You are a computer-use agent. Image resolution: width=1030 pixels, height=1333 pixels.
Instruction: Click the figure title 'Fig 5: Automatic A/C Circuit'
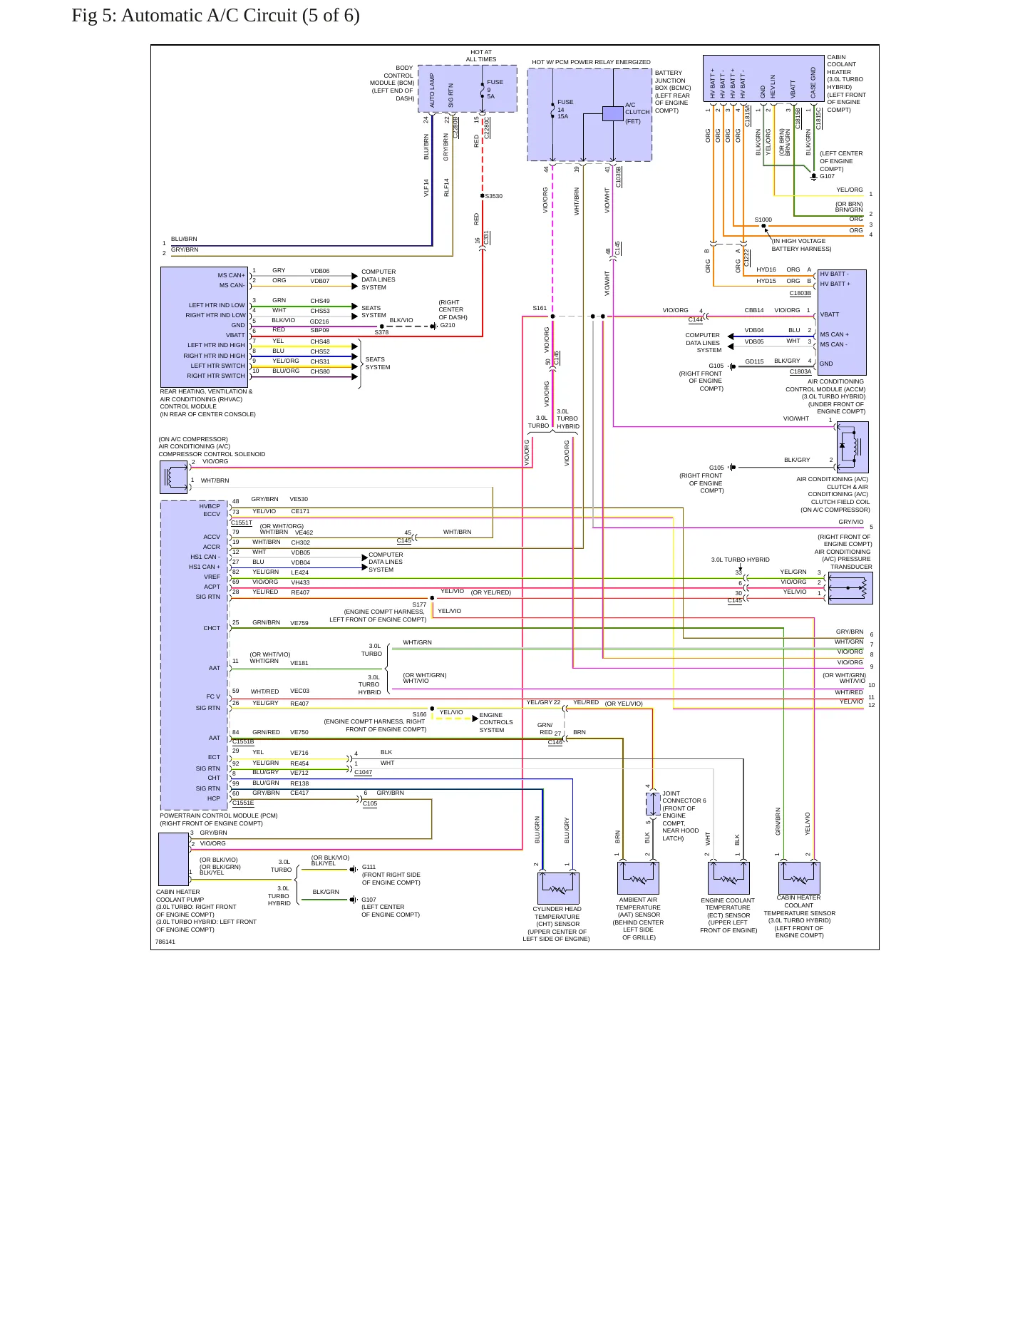point(190,16)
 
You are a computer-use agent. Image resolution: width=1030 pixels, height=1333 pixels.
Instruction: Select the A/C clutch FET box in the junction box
point(613,113)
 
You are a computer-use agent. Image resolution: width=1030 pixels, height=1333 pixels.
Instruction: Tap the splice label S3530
point(494,196)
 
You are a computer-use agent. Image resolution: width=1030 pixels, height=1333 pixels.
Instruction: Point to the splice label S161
point(540,308)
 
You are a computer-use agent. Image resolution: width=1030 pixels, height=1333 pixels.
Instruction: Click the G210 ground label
point(448,325)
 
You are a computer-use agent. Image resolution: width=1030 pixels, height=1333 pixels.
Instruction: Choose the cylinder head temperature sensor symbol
point(558,888)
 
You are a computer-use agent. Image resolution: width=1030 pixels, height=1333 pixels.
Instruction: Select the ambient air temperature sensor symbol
point(638,878)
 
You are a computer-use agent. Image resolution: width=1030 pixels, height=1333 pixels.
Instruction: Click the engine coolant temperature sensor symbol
point(728,878)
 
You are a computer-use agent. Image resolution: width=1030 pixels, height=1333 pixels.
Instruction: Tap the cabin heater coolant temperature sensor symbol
point(799,878)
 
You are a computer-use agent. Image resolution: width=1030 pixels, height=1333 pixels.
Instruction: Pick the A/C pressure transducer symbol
point(850,588)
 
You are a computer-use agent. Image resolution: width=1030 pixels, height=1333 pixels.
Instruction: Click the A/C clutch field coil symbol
point(853,447)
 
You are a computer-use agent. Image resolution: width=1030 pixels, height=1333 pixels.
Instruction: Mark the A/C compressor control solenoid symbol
point(174,478)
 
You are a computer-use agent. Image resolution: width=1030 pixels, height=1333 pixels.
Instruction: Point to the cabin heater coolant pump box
point(173,859)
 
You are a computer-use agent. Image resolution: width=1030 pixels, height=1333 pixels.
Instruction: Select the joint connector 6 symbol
point(653,804)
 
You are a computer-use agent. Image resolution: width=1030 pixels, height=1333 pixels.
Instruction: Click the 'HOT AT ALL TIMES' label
point(481,56)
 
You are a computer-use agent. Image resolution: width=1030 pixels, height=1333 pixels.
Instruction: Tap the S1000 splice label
point(763,220)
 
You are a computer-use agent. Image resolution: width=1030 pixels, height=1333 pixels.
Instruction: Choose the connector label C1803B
point(800,293)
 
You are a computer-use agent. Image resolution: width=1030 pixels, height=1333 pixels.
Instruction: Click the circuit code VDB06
point(319,271)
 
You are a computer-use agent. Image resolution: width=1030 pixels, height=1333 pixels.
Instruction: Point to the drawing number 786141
point(165,942)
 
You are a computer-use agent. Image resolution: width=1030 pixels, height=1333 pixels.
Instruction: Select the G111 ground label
point(369,867)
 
